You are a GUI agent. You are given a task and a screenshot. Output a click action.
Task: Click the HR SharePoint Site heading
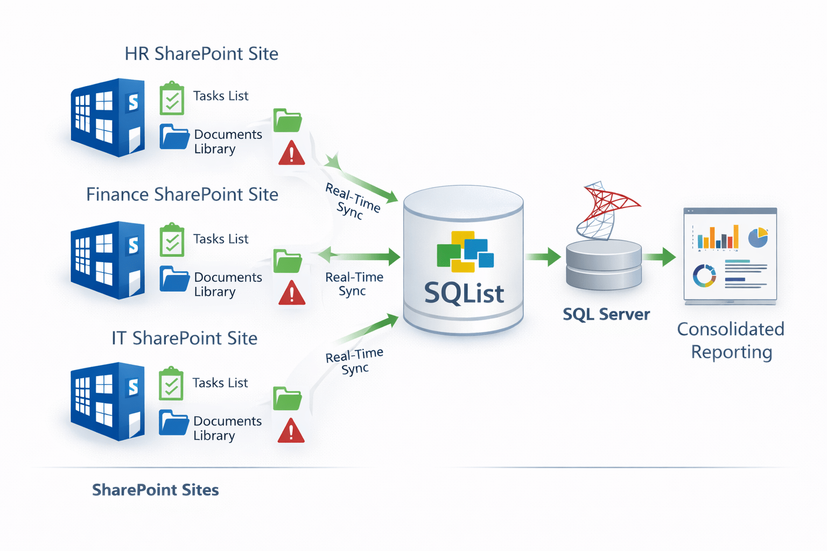click(201, 54)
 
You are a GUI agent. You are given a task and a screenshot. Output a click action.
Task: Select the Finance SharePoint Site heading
click(182, 194)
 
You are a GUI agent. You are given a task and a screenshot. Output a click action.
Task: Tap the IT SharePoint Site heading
click(184, 338)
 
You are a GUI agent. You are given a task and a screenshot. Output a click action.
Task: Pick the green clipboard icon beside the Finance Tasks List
click(172, 240)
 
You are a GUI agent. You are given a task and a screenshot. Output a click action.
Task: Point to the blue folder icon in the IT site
click(174, 422)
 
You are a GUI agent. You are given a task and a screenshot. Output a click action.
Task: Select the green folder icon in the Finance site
click(288, 261)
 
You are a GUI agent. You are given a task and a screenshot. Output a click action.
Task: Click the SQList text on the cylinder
click(464, 293)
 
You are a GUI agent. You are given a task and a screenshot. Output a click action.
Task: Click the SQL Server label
click(606, 314)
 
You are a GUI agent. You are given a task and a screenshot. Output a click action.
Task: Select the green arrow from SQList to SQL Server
click(543, 257)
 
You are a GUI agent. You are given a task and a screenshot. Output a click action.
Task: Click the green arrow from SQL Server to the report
click(660, 257)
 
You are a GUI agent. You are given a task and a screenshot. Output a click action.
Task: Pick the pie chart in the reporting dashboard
click(758, 237)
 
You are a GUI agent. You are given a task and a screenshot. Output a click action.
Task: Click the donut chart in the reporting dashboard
click(704, 275)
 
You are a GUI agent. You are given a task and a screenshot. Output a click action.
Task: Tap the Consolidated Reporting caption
click(731, 340)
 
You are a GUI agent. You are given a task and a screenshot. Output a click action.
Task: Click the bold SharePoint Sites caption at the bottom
click(156, 490)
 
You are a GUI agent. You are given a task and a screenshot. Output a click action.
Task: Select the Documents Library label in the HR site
click(228, 142)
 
